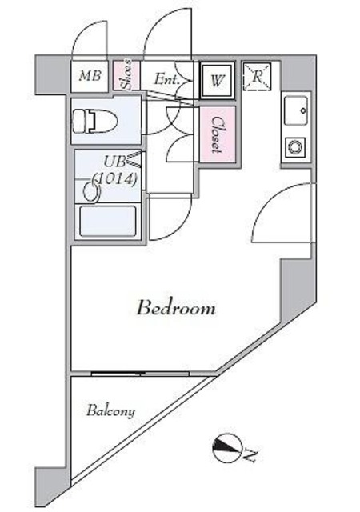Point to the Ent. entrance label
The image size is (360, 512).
coord(166,79)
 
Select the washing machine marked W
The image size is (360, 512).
coord(217,80)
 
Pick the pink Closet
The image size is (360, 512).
coord(218,135)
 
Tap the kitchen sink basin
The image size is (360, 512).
coord(296,108)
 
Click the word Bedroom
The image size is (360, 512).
coord(175,308)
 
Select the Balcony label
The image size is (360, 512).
coord(111,411)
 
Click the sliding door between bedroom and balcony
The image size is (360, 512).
coord(144,373)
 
